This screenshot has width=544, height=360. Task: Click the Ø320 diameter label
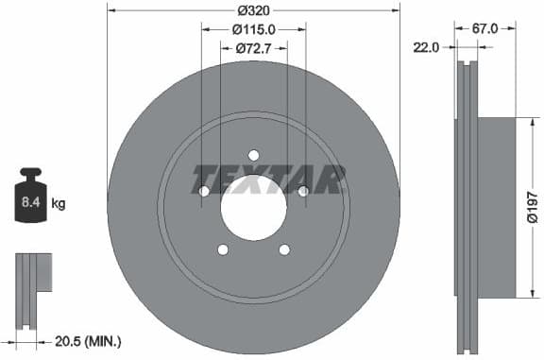tap(252, 10)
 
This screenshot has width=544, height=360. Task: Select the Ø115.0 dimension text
tap(252, 28)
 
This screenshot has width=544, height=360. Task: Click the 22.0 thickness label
tap(425, 46)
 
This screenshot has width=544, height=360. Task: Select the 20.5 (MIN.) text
tap(87, 340)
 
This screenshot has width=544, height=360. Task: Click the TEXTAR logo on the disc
tap(268, 177)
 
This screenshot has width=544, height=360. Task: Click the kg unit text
tap(59, 203)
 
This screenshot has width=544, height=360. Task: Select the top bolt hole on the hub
tap(253, 156)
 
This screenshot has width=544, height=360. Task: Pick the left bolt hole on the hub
tap(204, 192)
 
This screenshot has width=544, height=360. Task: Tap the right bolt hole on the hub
tap(302, 192)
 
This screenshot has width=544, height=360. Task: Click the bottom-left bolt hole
tap(223, 249)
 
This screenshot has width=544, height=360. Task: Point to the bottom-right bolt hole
tap(283, 249)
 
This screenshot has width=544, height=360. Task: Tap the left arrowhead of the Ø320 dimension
tap(110, 10)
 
